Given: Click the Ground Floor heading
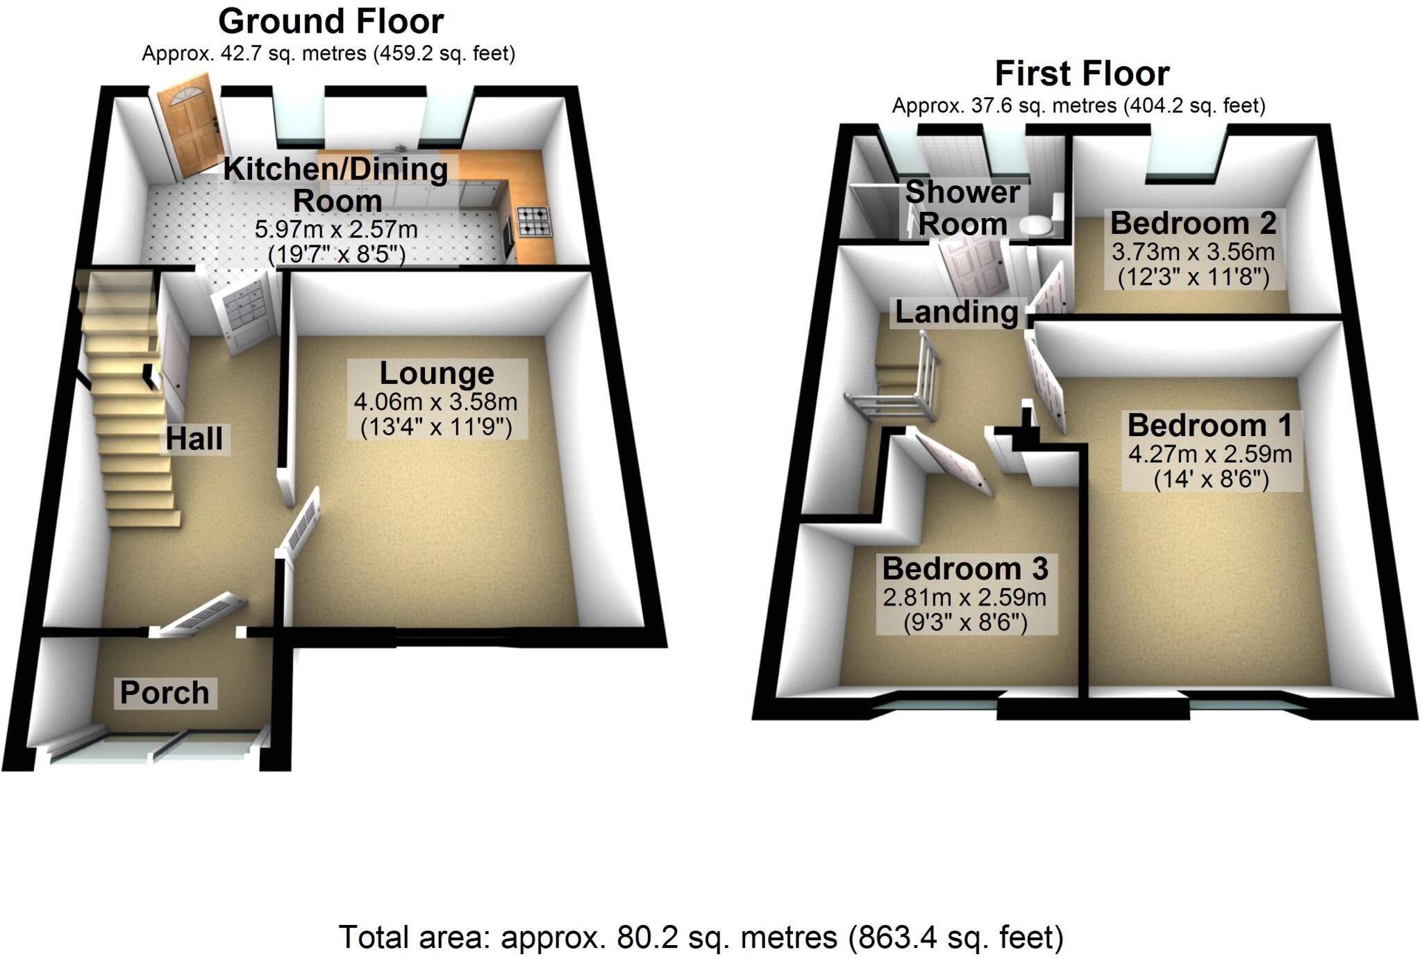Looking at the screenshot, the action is [x=331, y=22].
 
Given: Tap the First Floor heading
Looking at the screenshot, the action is [x=1082, y=74].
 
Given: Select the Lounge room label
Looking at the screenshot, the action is [x=437, y=374].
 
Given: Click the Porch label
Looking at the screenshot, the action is [x=165, y=693].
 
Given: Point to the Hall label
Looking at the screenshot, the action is [x=194, y=439].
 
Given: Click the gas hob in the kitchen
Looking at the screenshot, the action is [x=533, y=221].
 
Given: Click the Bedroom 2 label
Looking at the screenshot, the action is [x=1193, y=224].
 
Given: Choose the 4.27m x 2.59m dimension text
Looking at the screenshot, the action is [x=1210, y=454].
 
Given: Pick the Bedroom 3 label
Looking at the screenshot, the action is [x=965, y=569].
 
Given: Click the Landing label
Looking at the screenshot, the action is [x=956, y=312].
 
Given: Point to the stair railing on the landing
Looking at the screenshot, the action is [x=903, y=389].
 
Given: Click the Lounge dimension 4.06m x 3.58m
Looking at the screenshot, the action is [x=435, y=402].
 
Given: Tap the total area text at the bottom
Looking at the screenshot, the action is [x=701, y=937].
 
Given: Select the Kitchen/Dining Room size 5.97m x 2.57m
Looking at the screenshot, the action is [x=337, y=229].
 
